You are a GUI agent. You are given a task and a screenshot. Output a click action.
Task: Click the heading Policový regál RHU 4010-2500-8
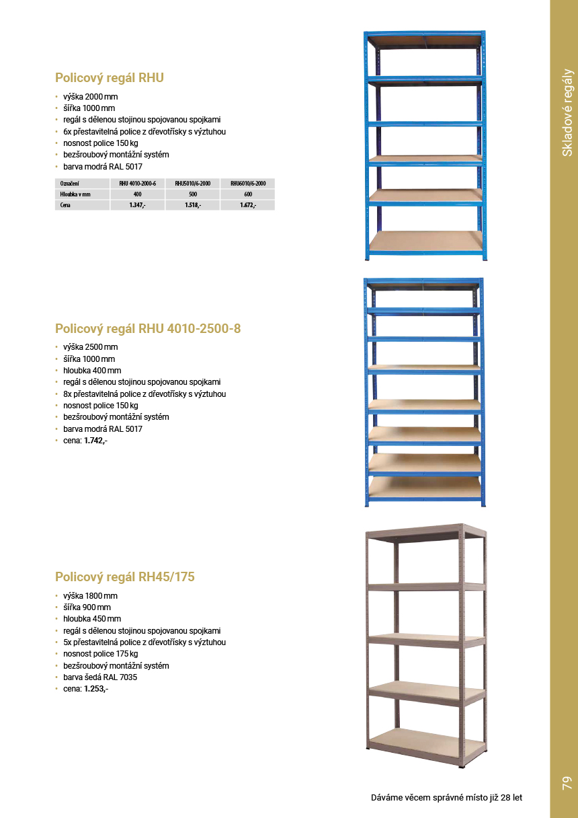coord(148,329)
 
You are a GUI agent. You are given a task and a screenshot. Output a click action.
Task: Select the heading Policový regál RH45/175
coord(125,577)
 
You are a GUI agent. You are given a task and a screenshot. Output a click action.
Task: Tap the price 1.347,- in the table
coord(138,205)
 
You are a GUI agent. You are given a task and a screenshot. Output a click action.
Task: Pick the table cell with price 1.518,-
coord(193,205)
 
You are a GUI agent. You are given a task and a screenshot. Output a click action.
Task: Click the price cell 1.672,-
coord(248,205)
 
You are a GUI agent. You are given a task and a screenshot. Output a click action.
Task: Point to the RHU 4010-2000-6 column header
coord(138,183)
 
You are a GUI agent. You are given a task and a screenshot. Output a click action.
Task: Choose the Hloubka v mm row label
coord(75,194)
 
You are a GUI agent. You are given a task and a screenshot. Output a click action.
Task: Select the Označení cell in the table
coord(70,183)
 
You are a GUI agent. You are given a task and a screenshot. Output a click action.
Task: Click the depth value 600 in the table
coord(248,194)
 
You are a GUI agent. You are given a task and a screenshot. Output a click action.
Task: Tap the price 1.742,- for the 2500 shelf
coord(95,441)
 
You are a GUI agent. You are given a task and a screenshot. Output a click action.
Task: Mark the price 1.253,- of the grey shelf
coord(95,689)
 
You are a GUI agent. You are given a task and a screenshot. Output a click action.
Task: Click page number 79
coord(566,783)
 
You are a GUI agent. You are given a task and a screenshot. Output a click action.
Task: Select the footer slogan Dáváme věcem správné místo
coord(446,798)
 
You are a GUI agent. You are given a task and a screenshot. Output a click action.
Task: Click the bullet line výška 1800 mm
coord(90,596)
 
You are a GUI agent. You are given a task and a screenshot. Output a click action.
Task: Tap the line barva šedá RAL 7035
coord(100,677)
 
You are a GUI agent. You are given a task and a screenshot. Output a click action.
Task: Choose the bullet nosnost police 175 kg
coord(101,654)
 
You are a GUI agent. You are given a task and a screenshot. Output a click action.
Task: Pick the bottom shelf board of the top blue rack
coord(426,240)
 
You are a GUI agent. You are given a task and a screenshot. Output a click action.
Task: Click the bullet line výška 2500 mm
coord(90,347)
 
